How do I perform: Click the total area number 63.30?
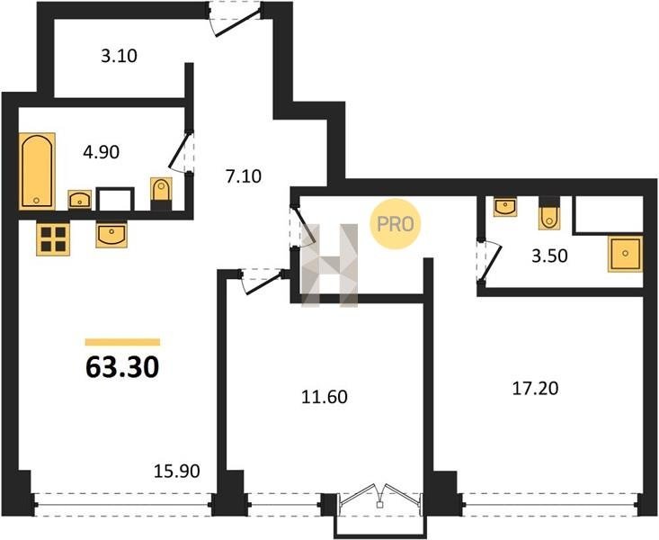(x=122, y=367)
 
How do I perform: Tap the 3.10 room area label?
(x=119, y=56)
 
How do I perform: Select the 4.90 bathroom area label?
(x=102, y=152)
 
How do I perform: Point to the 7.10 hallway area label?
(x=244, y=175)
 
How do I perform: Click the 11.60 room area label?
(x=325, y=397)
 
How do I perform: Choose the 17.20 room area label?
(x=536, y=389)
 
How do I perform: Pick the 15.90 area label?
(x=177, y=472)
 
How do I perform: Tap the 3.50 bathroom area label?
(x=549, y=256)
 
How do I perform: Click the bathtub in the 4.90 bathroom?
(x=37, y=171)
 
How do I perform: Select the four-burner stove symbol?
(x=53, y=239)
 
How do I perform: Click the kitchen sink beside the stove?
(x=111, y=235)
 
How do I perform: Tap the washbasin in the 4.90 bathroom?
(x=80, y=200)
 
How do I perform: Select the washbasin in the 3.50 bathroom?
(x=505, y=207)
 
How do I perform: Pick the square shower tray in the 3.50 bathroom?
(x=626, y=254)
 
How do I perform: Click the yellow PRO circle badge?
(x=396, y=224)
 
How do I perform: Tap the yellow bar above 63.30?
(x=123, y=342)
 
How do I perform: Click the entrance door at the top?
(x=236, y=19)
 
